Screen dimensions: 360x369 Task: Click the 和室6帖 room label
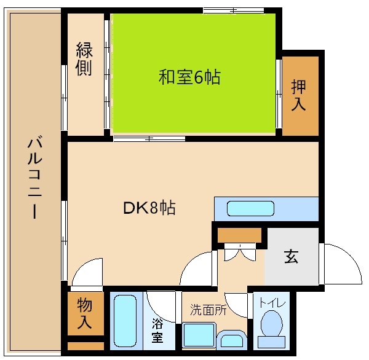[189, 77]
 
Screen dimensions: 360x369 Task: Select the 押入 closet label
[298, 95]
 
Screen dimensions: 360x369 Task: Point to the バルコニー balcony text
[34, 178]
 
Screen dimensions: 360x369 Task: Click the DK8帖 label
[149, 208]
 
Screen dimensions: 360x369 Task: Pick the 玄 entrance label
[291, 257]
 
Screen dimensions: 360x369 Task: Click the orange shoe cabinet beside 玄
[239, 235]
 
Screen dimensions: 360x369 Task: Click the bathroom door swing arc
[161, 302]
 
